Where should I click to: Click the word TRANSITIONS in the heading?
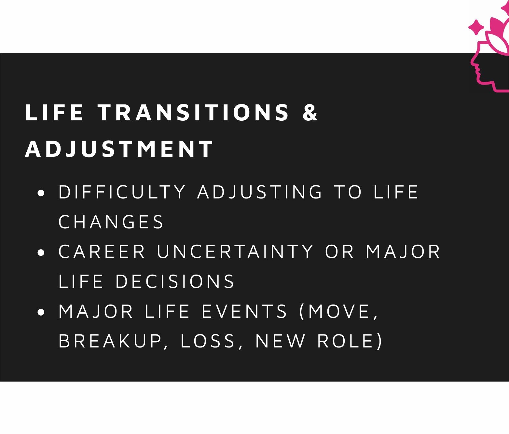[194, 113]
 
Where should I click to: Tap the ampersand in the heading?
[310, 113]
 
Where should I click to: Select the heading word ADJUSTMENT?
[119, 149]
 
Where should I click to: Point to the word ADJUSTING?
[260, 192]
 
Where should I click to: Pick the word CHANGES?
[111, 222]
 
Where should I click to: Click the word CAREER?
[102, 251]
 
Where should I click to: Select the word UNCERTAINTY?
[235, 251]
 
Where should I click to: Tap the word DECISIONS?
[175, 281]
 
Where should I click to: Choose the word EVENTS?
[244, 311]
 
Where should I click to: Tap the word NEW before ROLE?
[280, 341]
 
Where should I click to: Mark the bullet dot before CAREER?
[41, 252]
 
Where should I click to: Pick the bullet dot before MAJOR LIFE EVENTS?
[41, 312]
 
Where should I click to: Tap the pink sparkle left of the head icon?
[476, 27]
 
